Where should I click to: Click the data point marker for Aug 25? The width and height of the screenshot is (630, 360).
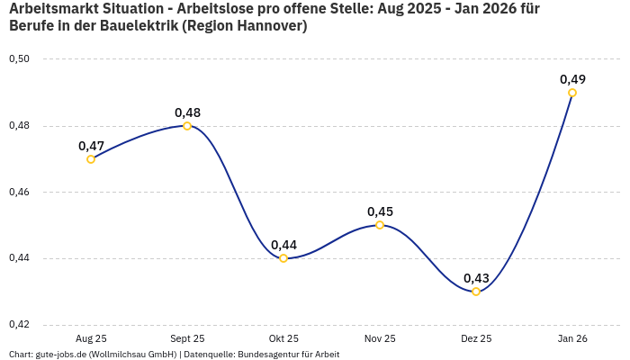pos(91,159)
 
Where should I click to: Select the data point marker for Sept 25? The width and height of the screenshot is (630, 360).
pos(187,126)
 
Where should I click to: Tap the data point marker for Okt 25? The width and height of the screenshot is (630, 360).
pos(283,258)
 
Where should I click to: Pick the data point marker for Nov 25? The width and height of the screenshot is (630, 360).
pos(380,225)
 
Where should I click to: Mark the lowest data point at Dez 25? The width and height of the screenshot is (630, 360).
pos(476,292)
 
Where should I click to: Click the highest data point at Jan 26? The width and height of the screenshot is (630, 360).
pos(572,93)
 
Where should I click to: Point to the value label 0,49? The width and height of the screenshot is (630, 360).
pos(572,79)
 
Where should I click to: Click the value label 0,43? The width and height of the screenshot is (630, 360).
pos(476,278)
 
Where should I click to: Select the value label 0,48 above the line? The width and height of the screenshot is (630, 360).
pos(187,112)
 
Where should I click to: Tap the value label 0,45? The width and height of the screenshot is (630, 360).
pos(380,211)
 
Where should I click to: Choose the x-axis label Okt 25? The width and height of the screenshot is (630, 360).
pos(283,338)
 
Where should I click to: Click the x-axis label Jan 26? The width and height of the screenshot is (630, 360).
pos(572,338)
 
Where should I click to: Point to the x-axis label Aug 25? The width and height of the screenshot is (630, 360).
pos(91,338)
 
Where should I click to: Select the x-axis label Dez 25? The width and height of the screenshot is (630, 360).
pos(476,338)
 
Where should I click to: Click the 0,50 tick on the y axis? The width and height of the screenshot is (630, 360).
pos(19,59)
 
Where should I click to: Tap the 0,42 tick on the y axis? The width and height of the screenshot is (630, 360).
pos(19,325)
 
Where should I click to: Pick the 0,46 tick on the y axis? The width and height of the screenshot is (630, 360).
pos(19,193)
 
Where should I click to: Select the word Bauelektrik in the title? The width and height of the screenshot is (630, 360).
pos(136,26)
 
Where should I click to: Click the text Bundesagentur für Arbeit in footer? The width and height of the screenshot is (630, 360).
pos(288,355)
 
